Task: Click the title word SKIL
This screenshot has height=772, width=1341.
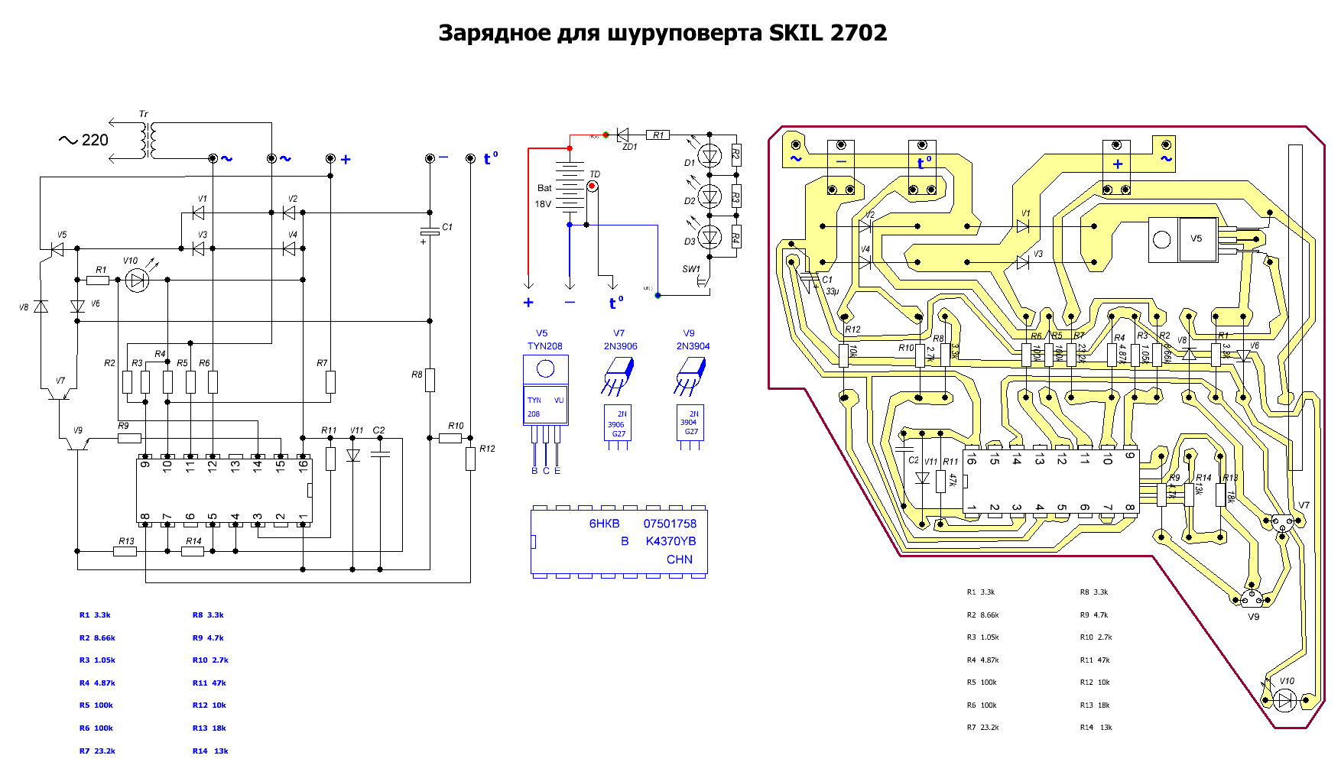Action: pos(795,33)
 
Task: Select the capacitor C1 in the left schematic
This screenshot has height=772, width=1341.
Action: pos(430,232)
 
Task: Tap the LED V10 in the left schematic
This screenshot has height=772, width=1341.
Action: pos(137,281)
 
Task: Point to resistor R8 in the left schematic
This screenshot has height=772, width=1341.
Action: pos(430,380)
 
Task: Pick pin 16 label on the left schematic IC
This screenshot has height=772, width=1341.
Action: pos(303,465)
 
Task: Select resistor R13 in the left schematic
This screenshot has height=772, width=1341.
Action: pos(125,551)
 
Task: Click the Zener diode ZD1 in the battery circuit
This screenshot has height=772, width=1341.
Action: pos(623,135)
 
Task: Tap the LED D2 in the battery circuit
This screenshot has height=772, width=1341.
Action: pos(710,196)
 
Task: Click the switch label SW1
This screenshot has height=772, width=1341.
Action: pos(690,269)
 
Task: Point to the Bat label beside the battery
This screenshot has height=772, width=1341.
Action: pos(544,188)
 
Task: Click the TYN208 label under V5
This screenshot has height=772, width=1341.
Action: pos(544,346)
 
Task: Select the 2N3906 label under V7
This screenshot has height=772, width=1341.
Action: pos(620,346)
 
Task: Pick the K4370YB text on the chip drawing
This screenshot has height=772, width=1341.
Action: pos(670,541)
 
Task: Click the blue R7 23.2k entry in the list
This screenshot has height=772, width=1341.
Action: pos(97,751)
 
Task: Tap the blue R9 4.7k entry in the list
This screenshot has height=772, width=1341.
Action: pos(208,638)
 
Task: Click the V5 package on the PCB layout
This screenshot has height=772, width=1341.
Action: pos(1183,239)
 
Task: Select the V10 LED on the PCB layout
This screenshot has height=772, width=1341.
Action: pos(1287,699)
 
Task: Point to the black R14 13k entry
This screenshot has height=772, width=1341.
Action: pos(1096,728)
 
